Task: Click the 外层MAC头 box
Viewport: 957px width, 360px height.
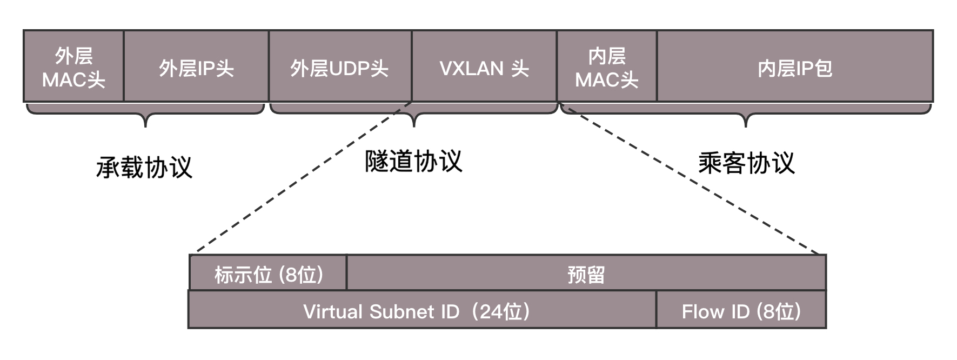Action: click(x=73, y=66)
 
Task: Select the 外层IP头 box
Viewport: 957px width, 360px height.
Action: click(x=196, y=66)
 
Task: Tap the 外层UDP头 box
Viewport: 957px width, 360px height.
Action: click(x=340, y=66)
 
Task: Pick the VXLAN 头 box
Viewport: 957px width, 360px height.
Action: click(x=484, y=66)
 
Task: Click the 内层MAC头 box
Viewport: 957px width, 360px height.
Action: click(x=607, y=66)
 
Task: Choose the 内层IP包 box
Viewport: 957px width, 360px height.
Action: click(x=795, y=66)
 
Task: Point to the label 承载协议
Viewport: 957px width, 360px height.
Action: click(x=144, y=168)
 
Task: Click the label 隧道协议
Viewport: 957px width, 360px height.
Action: click(x=413, y=161)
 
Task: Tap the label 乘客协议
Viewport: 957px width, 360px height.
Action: click(x=746, y=163)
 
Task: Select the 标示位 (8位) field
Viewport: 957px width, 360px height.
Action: click(x=268, y=274)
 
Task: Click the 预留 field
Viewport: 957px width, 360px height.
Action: click(x=586, y=274)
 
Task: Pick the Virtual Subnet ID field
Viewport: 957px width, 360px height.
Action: click(x=421, y=310)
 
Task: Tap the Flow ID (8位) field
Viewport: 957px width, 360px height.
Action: click(x=741, y=310)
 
